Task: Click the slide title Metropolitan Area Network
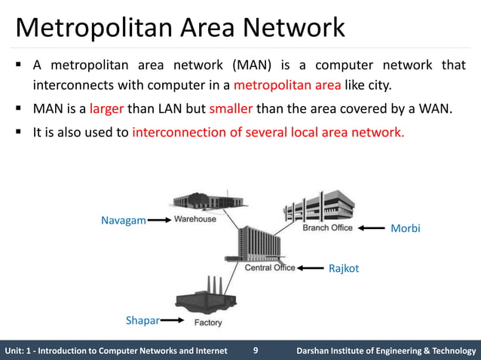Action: coord(181,28)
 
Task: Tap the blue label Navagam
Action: coord(123,221)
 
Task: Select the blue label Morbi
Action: coord(405,228)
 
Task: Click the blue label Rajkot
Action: coord(344,267)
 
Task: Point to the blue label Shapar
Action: coord(142,321)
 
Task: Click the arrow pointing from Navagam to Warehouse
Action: coord(158,221)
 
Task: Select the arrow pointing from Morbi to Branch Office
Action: coord(372,228)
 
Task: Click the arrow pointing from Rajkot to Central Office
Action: coord(310,267)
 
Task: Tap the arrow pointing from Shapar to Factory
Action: coord(173,321)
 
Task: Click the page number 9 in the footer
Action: coord(256,350)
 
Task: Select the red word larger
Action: coord(106,108)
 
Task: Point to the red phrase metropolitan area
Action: coord(287,83)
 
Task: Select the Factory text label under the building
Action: coord(208,322)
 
